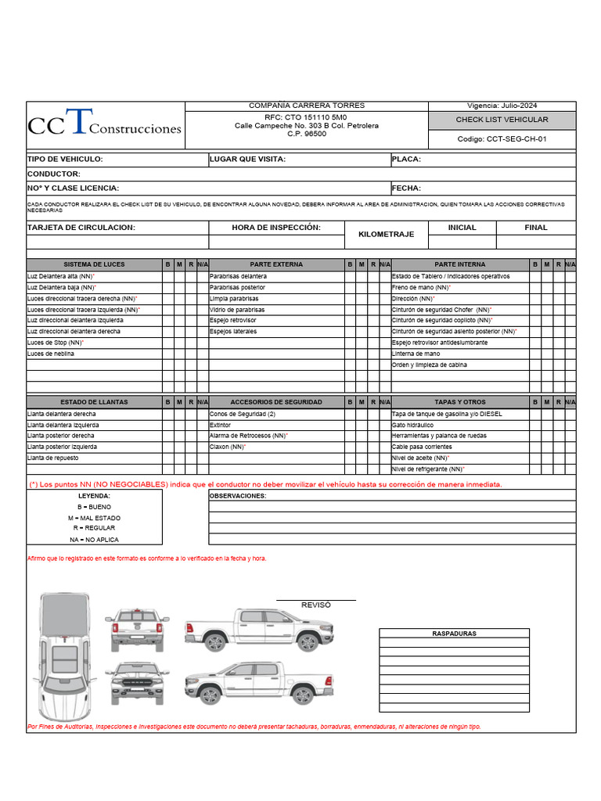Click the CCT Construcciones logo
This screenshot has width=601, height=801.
(x=105, y=124)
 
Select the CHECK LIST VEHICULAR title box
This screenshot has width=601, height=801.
(x=502, y=120)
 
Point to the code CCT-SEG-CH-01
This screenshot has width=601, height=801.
(x=502, y=139)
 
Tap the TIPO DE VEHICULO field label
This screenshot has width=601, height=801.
(x=65, y=160)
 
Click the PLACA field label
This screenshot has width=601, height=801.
(x=406, y=160)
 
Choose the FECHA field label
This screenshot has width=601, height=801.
(x=406, y=189)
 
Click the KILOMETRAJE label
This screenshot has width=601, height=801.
(x=387, y=235)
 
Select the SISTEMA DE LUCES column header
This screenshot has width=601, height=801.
(x=94, y=264)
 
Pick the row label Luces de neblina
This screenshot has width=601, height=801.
(x=51, y=354)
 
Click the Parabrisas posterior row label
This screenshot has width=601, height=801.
(x=237, y=287)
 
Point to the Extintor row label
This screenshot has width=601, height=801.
(x=220, y=425)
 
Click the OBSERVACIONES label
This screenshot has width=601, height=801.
(x=238, y=496)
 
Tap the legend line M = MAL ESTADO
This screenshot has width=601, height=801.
(x=94, y=518)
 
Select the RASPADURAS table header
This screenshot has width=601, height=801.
(x=454, y=634)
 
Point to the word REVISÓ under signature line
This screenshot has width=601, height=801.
(x=316, y=605)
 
